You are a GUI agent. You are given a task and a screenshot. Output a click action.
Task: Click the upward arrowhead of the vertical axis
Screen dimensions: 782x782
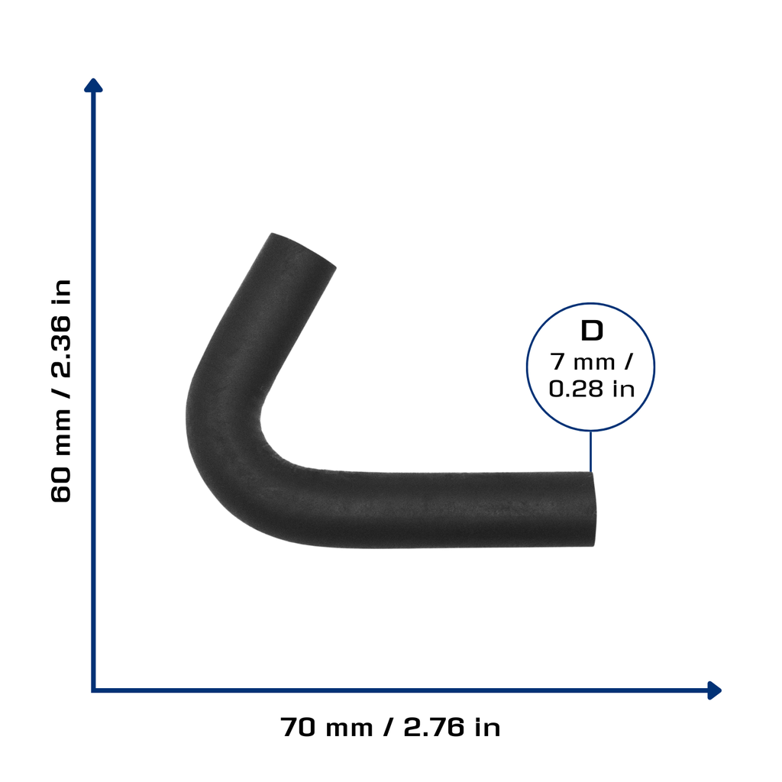click(x=93, y=86)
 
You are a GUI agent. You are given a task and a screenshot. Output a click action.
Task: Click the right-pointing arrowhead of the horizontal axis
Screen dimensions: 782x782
click(x=715, y=690)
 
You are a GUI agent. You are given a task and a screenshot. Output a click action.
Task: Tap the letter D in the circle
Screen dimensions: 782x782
click(x=592, y=331)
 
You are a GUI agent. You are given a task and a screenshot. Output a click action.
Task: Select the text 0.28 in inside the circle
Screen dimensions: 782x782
click(x=592, y=389)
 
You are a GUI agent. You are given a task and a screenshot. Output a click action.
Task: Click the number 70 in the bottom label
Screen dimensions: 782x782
click(x=299, y=727)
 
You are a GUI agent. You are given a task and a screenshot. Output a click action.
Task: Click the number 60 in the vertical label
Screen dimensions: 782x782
click(x=61, y=484)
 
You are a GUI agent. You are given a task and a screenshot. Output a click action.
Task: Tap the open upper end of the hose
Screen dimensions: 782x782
click(x=304, y=250)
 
